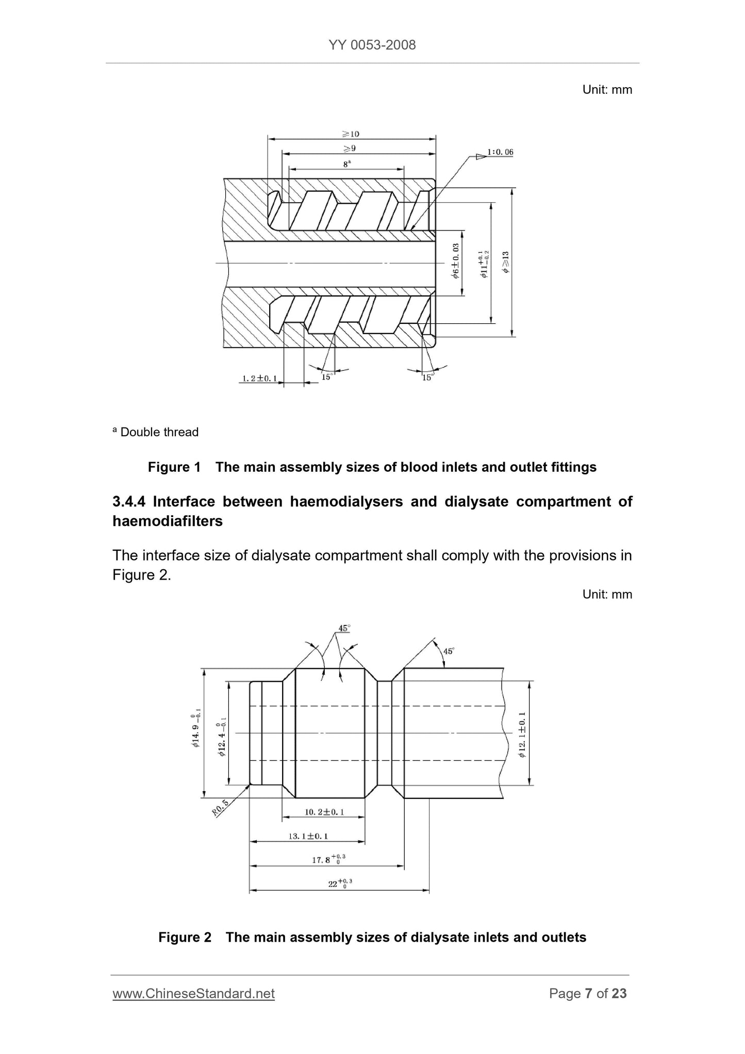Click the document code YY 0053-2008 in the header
(x=372, y=45)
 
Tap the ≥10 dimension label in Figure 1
(x=351, y=134)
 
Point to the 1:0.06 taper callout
(x=500, y=152)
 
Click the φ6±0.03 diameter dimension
(x=456, y=261)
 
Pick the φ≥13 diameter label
(x=506, y=262)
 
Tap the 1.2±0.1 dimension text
(x=259, y=378)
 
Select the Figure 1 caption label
(x=174, y=467)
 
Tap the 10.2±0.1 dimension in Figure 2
(x=324, y=812)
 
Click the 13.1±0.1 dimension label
(x=308, y=836)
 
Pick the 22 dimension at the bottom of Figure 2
(x=333, y=884)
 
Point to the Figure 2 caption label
(x=185, y=937)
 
